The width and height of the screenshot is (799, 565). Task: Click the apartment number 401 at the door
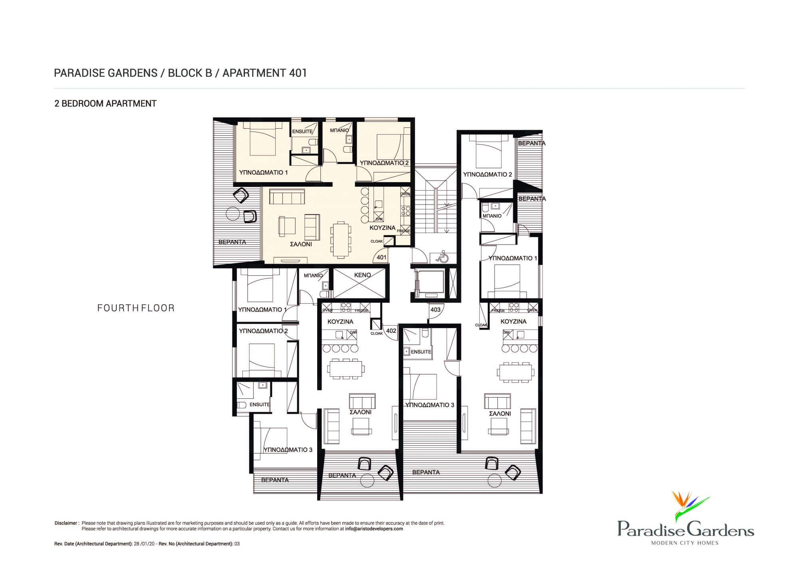[382, 257]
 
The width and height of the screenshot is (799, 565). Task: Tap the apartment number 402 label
[391, 331]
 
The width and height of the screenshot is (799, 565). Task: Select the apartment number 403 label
[435, 310]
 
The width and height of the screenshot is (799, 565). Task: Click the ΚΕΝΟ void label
[362, 275]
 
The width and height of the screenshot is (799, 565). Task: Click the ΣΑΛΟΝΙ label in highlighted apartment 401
[301, 244]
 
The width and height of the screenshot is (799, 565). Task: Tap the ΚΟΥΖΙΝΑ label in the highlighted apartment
[382, 228]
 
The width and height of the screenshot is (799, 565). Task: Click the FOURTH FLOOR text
[136, 308]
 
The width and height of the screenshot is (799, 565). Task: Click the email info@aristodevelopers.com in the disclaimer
[374, 529]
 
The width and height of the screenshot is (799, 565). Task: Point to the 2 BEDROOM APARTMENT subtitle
[105, 103]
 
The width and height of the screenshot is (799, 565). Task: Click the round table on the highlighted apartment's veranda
[233, 214]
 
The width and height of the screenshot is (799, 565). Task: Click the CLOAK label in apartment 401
[377, 241]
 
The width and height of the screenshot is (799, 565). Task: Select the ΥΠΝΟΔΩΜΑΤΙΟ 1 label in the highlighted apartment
[263, 173]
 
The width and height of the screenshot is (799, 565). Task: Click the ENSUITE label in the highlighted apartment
[302, 131]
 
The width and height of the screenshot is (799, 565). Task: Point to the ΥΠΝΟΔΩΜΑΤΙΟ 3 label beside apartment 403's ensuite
[430, 405]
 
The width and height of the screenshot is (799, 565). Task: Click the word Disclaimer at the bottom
[67, 523]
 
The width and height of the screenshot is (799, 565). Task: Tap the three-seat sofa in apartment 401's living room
[287, 197]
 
